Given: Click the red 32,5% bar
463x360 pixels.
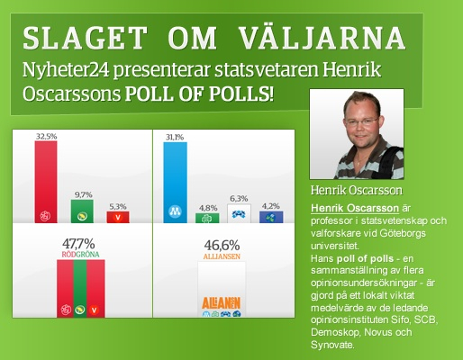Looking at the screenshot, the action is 46,182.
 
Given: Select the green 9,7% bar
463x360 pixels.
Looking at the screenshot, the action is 82,211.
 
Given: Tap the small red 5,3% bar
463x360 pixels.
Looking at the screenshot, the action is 118,217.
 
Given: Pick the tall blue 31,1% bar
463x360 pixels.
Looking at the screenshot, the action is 175,183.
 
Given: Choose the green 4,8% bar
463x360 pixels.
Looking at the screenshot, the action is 207,218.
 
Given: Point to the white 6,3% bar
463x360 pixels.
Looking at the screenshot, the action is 239,213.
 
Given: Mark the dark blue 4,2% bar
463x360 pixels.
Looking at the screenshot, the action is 271,217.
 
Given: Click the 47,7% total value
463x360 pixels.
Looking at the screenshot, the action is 78,244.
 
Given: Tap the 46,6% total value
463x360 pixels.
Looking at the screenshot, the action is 222,246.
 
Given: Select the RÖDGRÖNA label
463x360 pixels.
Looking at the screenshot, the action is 80,255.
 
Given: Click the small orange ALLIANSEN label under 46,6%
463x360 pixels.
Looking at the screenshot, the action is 222,256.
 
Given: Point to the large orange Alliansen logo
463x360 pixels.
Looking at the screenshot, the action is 222,303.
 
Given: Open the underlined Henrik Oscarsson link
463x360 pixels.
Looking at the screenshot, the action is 355,208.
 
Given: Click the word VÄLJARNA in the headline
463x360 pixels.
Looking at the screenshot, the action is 322,38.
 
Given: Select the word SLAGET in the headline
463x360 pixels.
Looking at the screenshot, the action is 86,38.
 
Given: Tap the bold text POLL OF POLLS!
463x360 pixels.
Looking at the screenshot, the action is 199,94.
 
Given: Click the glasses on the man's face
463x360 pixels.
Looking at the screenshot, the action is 361,121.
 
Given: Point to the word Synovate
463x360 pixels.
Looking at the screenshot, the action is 332,345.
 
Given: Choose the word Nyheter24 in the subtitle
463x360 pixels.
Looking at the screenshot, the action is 66,70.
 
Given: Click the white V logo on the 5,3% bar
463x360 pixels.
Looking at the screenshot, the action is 118,217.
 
